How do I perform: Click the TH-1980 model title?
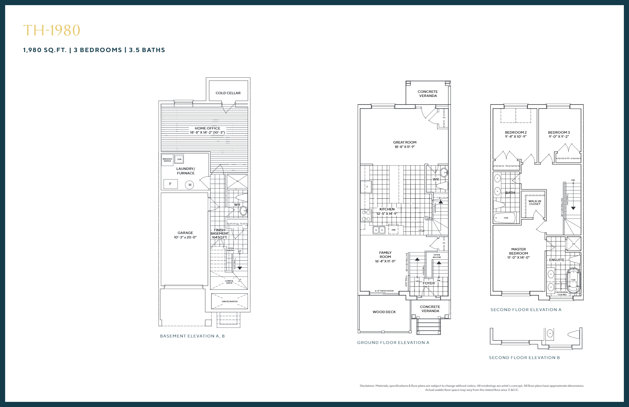pyautogui.click(x=52, y=30)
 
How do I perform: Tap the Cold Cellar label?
pyautogui.click(x=228, y=93)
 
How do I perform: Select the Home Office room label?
pyautogui.click(x=207, y=128)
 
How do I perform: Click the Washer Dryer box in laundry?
pyautogui.click(x=167, y=160)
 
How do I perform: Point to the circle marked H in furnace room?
pyautogui.click(x=190, y=185)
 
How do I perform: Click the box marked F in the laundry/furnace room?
pyautogui.click(x=170, y=184)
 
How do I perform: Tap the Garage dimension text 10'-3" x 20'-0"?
pyautogui.click(x=185, y=237)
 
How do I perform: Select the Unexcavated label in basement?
pyautogui.click(x=230, y=301)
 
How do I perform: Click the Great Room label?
pyautogui.click(x=405, y=142)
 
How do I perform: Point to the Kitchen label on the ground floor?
pyautogui.click(x=387, y=209)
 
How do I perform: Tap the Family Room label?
pyautogui.click(x=385, y=255)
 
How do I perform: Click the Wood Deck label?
pyautogui.click(x=384, y=312)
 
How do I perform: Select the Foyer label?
pyautogui.click(x=429, y=283)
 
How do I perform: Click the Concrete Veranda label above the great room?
pyautogui.click(x=428, y=94)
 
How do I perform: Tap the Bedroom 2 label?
pyautogui.click(x=516, y=132)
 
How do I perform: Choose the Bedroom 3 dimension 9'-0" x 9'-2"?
pyautogui.click(x=559, y=137)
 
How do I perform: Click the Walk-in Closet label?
pyautogui.click(x=534, y=202)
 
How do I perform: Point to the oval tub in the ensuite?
pyautogui.click(x=573, y=280)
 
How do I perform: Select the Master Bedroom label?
pyautogui.click(x=518, y=251)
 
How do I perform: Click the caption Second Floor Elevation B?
pyautogui.click(x=524, y=357)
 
